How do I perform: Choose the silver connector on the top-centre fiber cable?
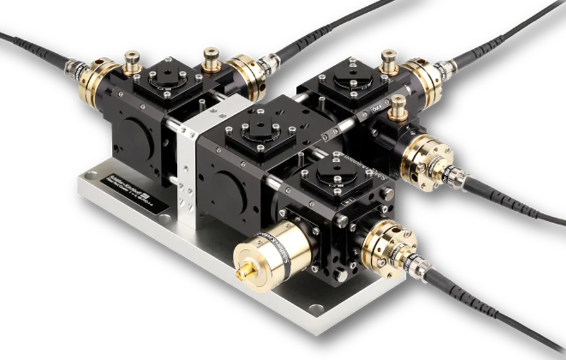click(x=266, y=64)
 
